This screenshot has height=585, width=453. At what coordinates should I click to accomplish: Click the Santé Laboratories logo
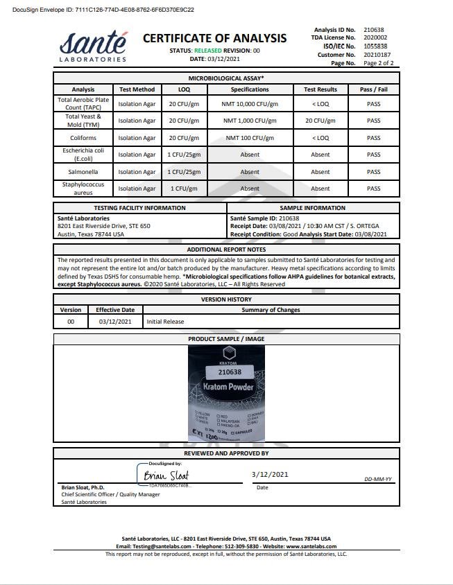click(x=94, y=46)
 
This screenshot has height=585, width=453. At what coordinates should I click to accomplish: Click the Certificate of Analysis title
click(x=214, y=38)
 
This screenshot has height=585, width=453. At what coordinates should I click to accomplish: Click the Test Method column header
click(x=137, y=89)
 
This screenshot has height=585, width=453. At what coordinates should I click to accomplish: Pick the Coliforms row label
click(x=83, y=137)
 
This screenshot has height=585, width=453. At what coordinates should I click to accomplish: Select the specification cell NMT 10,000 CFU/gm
click(x=250, y=104)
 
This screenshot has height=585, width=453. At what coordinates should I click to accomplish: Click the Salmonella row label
click(x=83, y=171)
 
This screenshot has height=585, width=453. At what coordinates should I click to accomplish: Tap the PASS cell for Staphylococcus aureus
click(x=373, y=189)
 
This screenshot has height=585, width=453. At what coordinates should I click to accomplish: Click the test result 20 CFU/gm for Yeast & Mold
click(x=320, y=121)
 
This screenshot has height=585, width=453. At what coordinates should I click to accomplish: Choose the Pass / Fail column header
click(x=373, y=89)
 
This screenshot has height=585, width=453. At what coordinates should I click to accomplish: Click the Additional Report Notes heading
click(x=226, y=250)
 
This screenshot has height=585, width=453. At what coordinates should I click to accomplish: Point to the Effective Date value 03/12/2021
click(x=115, y=322)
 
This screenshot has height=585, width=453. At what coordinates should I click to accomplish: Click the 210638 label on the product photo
click(x=225, y=372)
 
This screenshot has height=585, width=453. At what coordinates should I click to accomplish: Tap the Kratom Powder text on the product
click(x=227, y=387)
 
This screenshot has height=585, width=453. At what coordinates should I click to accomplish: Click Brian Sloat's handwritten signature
click(x=166, y=475)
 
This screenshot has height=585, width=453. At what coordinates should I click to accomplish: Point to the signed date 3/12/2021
click(x=270, y=474)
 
